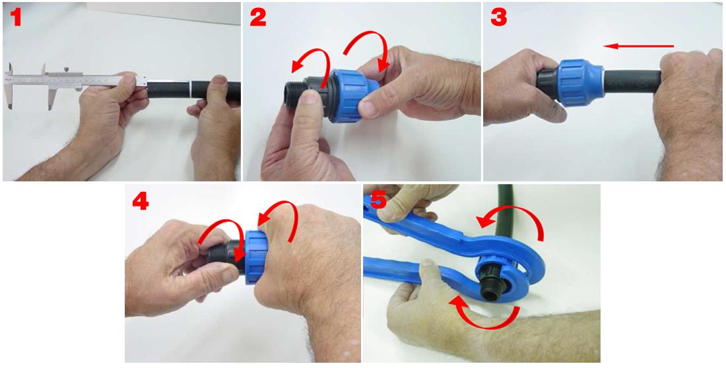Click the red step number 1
[x=16, y=18]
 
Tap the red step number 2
[x=257, y=18]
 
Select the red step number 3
[x=498, y=18]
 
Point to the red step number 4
[x=140, y=201]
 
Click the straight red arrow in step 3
[x=638, y=46]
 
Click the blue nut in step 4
[x=255, y=257]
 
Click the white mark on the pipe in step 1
[x=191, y=89]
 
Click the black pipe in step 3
[x=632, y=82]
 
